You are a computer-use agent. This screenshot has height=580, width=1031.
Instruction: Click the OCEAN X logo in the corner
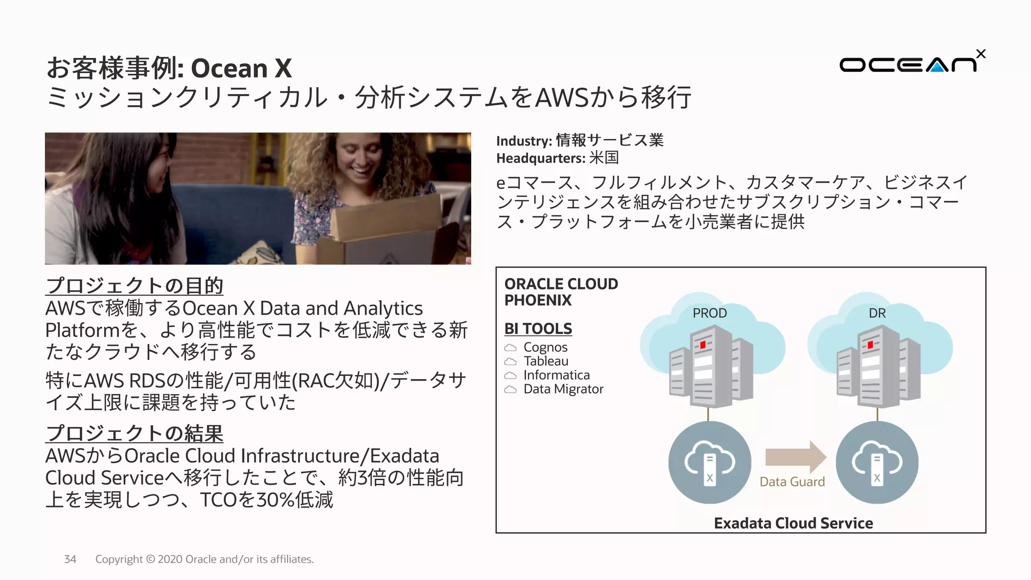911,63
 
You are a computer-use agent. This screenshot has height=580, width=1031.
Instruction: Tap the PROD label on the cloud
709,313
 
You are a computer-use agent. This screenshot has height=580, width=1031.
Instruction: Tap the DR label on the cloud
877,313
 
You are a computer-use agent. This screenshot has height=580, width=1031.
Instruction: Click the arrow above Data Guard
795,457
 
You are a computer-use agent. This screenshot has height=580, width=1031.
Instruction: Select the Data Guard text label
792,482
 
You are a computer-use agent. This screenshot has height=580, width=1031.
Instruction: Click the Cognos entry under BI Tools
545,347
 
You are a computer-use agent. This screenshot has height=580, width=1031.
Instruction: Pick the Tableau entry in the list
546,361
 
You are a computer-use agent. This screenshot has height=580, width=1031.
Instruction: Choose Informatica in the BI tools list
556,375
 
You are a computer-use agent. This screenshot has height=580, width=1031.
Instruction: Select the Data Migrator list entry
563,389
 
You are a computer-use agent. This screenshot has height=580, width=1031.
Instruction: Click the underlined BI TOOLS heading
538,329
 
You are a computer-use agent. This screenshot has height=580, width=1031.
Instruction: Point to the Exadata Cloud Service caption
793,523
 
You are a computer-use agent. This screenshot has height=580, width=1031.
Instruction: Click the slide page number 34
70,559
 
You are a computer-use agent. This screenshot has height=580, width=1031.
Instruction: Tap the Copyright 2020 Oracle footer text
204,559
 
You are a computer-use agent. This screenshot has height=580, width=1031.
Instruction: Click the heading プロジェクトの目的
134,286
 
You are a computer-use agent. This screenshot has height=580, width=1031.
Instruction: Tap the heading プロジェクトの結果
134,433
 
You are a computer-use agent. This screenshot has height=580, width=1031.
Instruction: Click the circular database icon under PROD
709,462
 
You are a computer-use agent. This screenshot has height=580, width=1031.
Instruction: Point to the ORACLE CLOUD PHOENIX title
561,292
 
